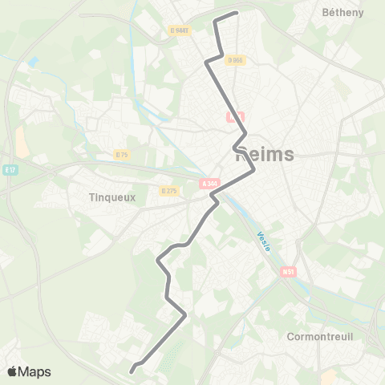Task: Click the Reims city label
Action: point(265,156)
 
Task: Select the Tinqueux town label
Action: point(113,197)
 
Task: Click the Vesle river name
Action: point(264,241)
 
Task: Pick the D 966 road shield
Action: point(235,60)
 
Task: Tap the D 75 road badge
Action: point(121,154)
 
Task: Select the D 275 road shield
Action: point(169,191)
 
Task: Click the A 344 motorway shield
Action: point(210,184)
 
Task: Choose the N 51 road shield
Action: point(288,272)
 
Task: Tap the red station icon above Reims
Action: point(234,117)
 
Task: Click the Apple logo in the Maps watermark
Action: point(11,372)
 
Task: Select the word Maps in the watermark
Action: point(34,372)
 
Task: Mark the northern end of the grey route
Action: point(237,13)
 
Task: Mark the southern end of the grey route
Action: point(132,370)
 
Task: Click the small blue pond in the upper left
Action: point(33,62)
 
